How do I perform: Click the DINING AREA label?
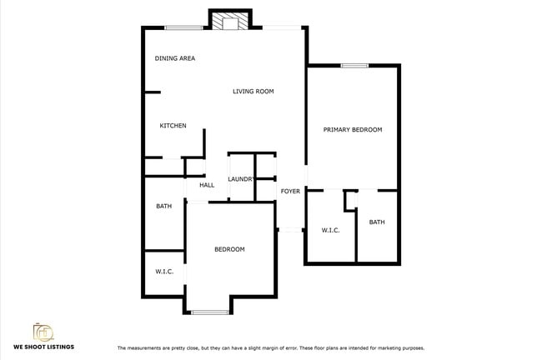point(175,58)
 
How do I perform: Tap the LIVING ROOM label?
point(253,92)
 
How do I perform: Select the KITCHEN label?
point(173,126)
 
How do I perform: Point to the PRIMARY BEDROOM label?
point(353,130)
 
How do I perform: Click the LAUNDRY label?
point(241,179)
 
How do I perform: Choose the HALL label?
point(207,185)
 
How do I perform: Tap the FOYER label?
point(290,192)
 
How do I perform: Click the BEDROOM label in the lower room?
point(229,250)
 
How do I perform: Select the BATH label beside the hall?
point(163,207)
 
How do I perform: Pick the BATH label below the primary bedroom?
point(377,222)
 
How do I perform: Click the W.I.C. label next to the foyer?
point(330,230)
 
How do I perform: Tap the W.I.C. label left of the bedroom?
point(163,272)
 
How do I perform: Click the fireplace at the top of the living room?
point(229,21)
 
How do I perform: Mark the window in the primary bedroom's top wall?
point(354,66)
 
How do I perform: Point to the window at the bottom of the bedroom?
point(210,312)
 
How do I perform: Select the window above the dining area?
point(183,28)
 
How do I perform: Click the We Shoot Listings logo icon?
point(43,332)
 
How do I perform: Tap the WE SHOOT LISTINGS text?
point(43,347)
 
